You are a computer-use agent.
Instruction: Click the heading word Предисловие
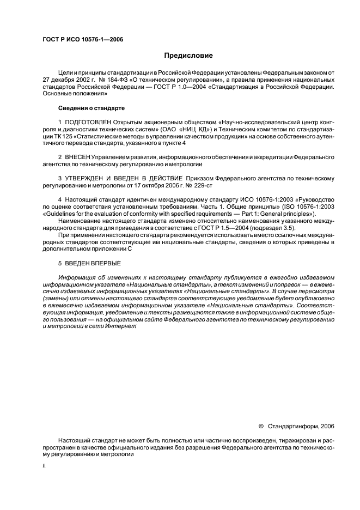tap(188, 55)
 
